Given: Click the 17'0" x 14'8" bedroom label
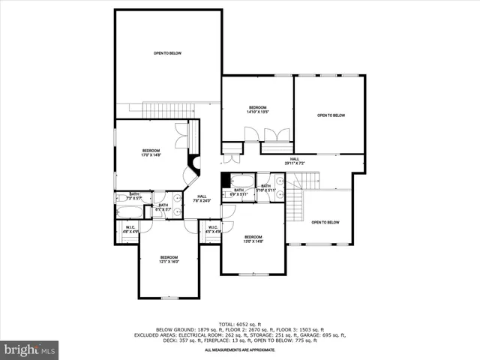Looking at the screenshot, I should point(151,153).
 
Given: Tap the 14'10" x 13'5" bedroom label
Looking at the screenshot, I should point(258,109).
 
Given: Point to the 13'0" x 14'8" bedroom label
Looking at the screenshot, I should point(253,239).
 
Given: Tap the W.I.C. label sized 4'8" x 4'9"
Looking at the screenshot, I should point(130,229).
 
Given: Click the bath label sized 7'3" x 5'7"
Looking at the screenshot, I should point(134,196).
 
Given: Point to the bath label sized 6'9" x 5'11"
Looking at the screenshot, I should point(238,192).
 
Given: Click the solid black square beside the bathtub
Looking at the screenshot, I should point(226,181).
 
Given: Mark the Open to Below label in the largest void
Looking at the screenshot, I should point(168,53).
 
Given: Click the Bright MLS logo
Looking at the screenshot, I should point(30,349).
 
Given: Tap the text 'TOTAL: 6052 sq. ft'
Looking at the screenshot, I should point(239,324).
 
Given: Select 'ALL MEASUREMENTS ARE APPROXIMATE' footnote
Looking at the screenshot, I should point(239,349).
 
